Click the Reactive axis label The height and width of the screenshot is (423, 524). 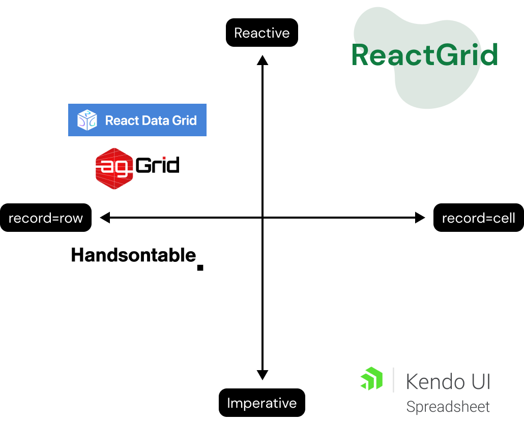[x=261, y=33]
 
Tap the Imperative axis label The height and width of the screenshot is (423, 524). [x=261, y=403]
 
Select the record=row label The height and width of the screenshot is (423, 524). [x=46, y=218]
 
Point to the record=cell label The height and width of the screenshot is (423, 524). [x=478, y=218]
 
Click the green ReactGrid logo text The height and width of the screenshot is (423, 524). [x=424, y=55]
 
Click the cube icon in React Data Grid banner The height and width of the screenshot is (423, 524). [x=87, y=120]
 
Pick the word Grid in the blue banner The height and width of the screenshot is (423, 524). [x=185, y=120]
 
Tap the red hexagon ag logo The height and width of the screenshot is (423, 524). [x=114, y=168]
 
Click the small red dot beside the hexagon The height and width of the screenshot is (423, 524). [x=164, y=158]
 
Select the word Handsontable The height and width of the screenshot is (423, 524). [x=133, y=255]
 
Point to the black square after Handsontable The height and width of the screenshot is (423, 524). [x=200, y=267]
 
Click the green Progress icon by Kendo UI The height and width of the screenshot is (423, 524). [x=371, y=379]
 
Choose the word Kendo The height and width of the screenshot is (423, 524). [x=435, y=381]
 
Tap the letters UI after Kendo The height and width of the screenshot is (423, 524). [x=480, y=381]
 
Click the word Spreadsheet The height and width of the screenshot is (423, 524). [x=448, y=407]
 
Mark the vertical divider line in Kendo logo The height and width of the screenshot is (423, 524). [x=393, y=379]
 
